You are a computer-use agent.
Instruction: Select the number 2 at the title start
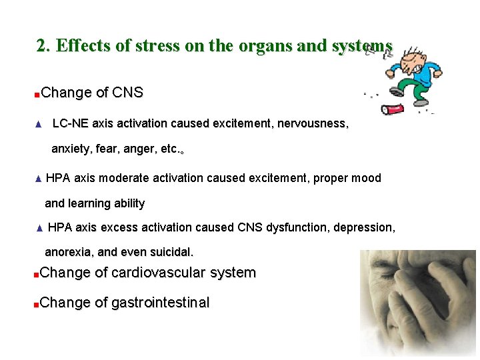point(41,45)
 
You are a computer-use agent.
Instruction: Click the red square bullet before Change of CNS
point(37,94)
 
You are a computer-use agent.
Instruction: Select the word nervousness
point(314,123)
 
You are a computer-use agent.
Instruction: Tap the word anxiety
point(70,149)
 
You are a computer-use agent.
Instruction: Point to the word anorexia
point(69,253)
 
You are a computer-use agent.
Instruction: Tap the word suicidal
point(171,253)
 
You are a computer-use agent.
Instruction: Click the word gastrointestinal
point(160,303)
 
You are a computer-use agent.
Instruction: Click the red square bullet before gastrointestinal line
point(37,305)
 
